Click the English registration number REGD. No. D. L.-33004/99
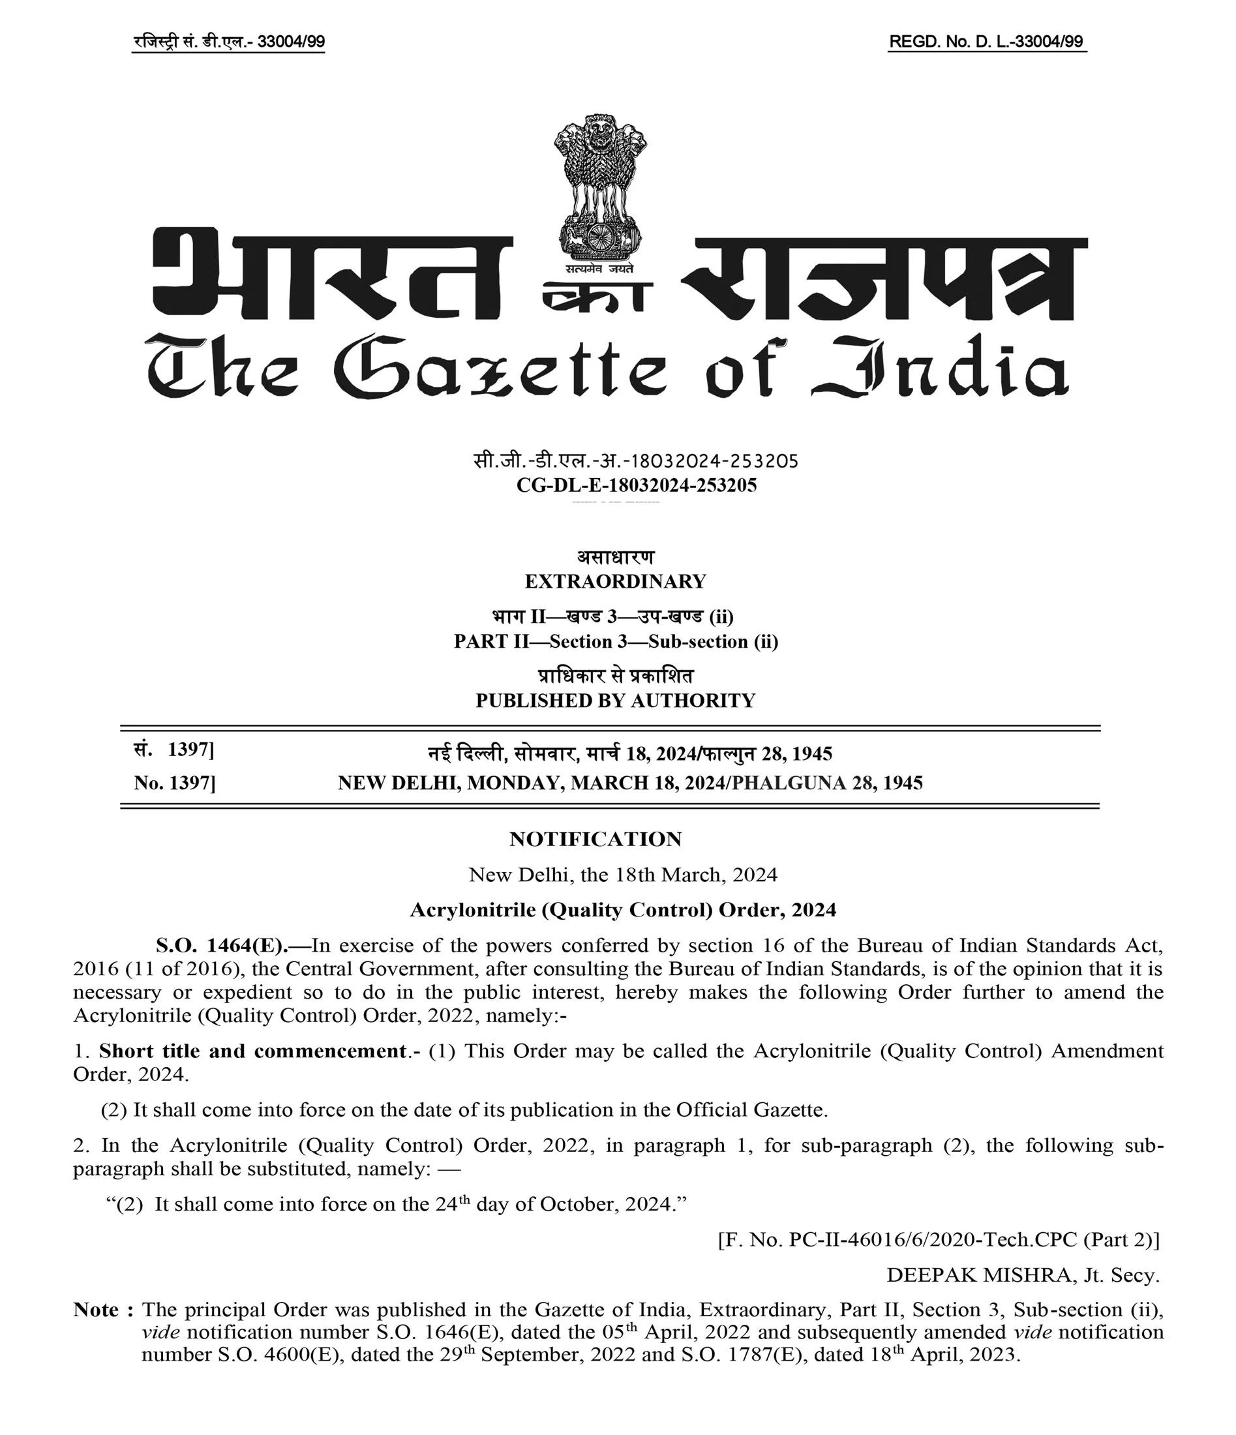986,42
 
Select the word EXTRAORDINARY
615,581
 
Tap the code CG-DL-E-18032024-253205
637,485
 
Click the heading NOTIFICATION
595,839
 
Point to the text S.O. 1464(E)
222,945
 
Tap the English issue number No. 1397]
175,783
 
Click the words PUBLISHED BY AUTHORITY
615,701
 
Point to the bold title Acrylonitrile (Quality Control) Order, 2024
622,910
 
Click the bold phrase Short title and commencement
252,1051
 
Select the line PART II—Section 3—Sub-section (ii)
616,641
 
